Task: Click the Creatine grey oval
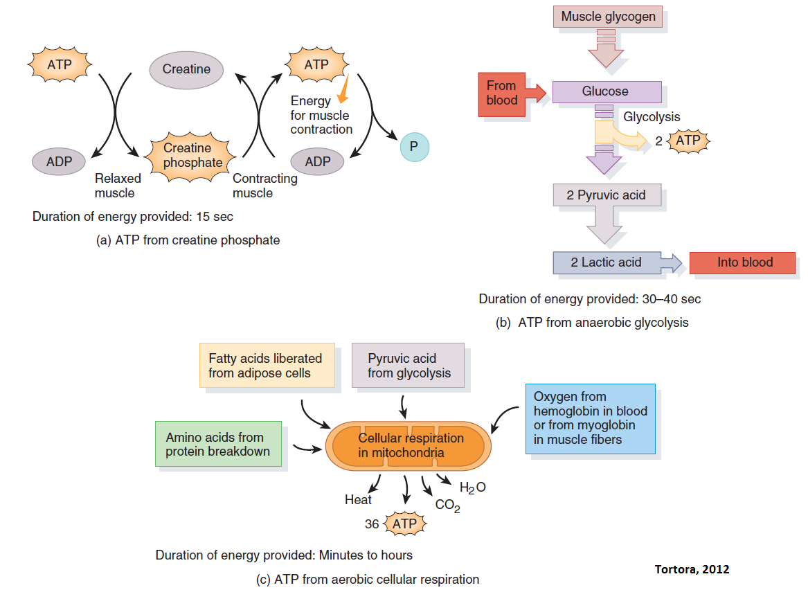click(186, 69)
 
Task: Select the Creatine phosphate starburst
click(192, 156)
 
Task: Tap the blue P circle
click(414, 147)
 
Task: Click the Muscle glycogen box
click(608, 17)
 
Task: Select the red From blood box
click(501, 93)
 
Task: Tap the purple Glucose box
click(607, 91)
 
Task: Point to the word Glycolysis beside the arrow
click(651, 117)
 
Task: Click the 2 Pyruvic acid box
click(607, 195)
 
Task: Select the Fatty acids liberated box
click(266, 366)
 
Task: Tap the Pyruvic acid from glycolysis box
click(408, 366)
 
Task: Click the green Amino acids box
click(218, 444)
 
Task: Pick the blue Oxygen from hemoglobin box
click(590, 418)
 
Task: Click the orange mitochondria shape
click(411, 446)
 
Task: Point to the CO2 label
click(447, 506)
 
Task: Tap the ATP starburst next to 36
click(404, 524)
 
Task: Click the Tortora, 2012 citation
click(691, 569)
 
